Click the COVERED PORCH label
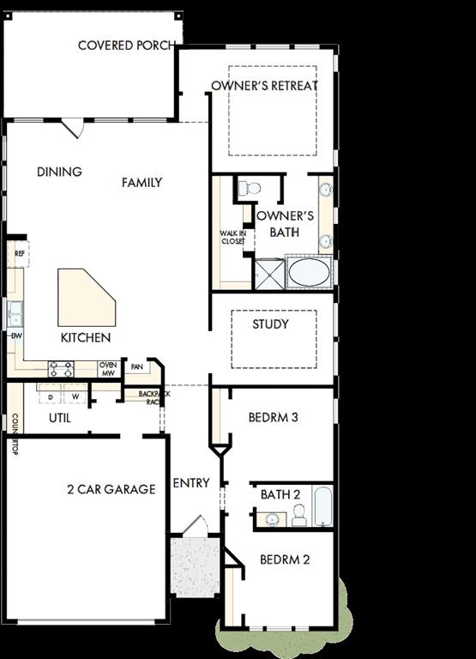126,45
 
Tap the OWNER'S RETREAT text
264,86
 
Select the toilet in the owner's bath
250,188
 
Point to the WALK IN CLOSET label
232,238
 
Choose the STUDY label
270,324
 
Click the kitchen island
85,298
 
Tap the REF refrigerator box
20,253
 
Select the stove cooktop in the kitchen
61,370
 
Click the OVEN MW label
108,369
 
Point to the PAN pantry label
136,367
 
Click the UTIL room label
59,418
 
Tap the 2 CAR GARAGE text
111,489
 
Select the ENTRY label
190,483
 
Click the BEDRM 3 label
273,418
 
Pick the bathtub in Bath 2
322,506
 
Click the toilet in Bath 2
298,515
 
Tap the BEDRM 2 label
285,559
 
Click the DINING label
59,172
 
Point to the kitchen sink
15,313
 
